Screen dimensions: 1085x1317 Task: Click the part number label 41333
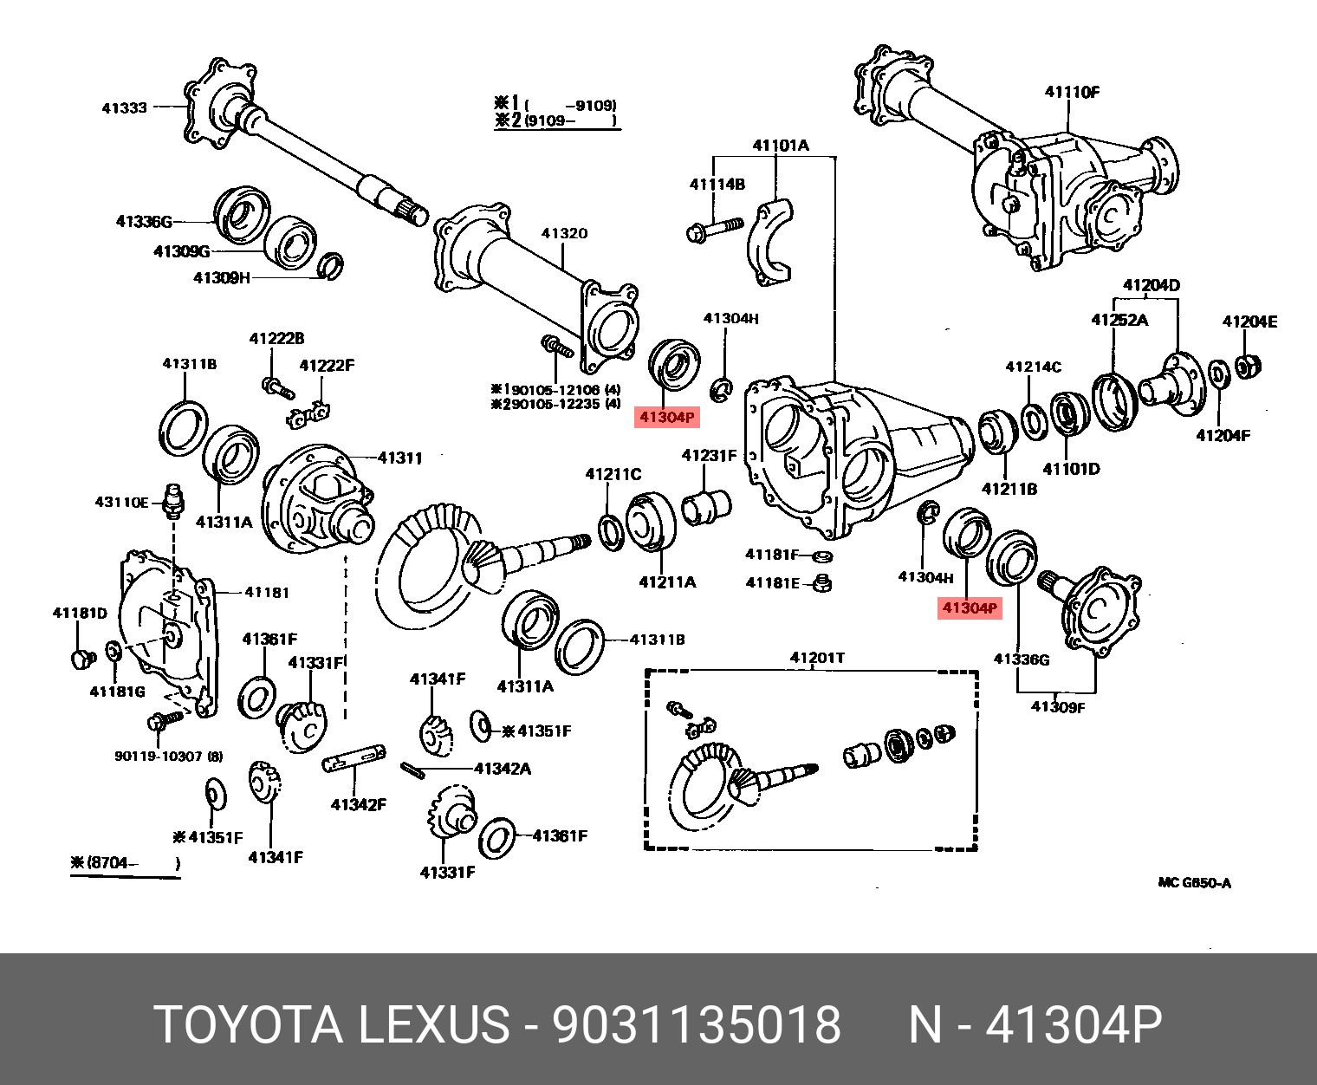coord(124,108)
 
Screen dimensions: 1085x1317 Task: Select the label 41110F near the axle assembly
coord(1072,92)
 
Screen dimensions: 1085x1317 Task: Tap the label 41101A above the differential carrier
coord(780,145)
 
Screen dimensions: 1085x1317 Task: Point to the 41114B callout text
coord(717,184)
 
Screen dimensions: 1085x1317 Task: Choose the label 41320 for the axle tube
coord(564,233)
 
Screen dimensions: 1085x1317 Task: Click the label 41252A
coord(1119,320)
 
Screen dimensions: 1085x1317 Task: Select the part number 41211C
coord(613,474)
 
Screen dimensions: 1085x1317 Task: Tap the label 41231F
coord(709,456)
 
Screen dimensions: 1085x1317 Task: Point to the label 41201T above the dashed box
coord(817,658)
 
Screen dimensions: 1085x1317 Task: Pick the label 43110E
coord(121,503)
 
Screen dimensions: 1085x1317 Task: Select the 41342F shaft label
coord(358,805)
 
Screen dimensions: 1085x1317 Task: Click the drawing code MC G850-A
coord(1194,883)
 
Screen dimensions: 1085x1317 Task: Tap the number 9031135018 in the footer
coord(697,1024)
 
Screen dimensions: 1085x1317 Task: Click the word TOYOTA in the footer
coord(249,1024)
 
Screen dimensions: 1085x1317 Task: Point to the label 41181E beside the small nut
coord(773,583)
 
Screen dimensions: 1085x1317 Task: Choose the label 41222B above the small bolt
coord(276,339)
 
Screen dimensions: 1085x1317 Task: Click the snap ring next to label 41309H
coord(331,266)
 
